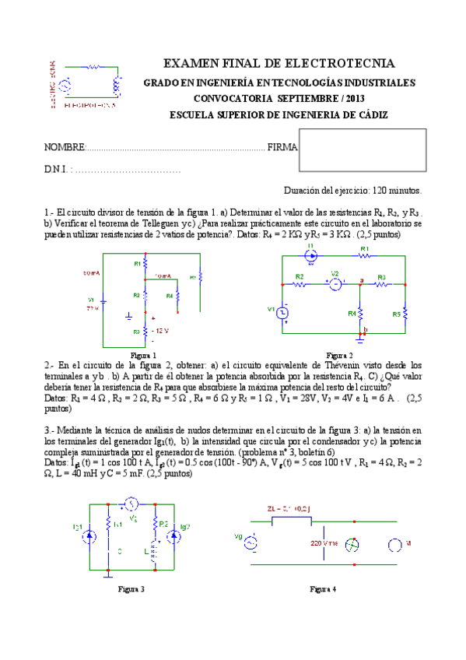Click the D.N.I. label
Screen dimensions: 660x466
pyautogui.click(x=58, y=169)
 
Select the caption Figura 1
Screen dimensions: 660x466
pyautogui.click(x=143, y=355)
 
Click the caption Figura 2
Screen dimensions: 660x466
pyautogui.click(x=340, y=355)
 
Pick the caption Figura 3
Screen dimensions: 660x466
pyautogui.click(x=130, y=589)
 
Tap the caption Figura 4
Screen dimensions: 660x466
pyautogui.click(x=323, y=589)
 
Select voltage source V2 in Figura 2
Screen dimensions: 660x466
pyautogui.click(x=335, y=284)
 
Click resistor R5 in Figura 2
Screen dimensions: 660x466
pyautogui.click(x=405, y=313)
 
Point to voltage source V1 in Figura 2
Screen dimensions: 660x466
pyautogui.click(x=284, y=312)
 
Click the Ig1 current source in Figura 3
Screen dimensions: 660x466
pyautogui.click(x=91, y=537)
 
